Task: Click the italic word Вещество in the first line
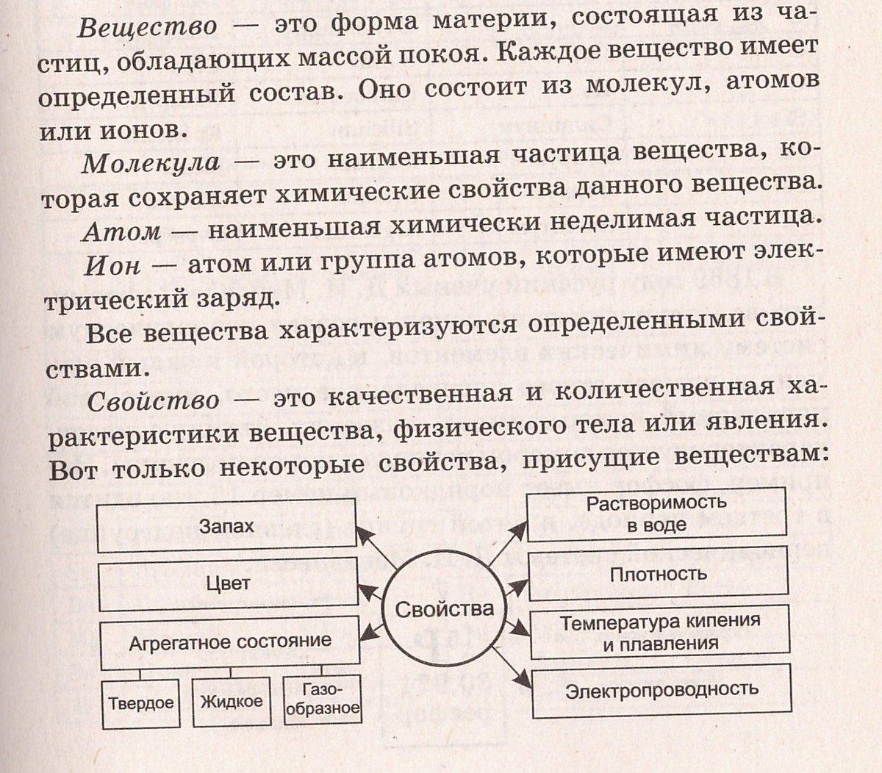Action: click(x=147, y=27)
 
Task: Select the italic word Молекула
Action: click(x=151, y=162)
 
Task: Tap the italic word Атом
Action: click(x=121, y=231)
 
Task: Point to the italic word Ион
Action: click(x=112, y=265)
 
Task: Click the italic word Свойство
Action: click(x=153, y=400)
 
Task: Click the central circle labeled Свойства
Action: click(x=444, y=610)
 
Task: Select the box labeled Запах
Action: click(x=227, y=528)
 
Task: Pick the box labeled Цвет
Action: click(x=228, y=583)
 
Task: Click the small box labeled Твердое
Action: click(x=140, y=702)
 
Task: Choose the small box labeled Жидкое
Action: click(x=231, y=701)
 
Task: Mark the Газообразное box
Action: click(x=322, y=700)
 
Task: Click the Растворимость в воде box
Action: click(x=656, y=514)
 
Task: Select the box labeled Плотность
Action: click(x=658, y=574)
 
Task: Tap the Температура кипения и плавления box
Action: click(x=659, y=633)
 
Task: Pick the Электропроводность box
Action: click(x=661, y=691)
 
